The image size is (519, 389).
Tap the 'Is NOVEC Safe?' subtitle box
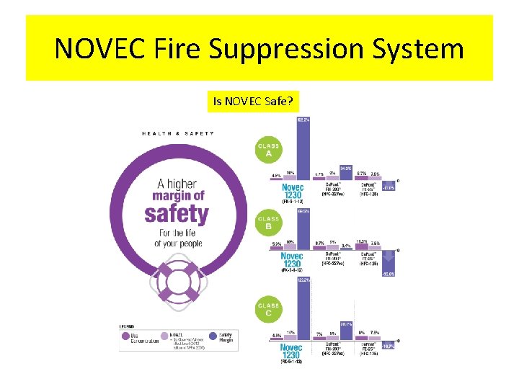252,102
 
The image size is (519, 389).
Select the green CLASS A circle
268,149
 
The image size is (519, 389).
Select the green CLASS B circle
268,222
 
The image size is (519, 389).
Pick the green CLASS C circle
268,309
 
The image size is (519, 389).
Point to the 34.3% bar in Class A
345,174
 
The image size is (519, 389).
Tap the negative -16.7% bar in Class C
389,346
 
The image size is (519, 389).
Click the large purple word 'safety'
177,214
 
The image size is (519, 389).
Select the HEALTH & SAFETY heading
177,133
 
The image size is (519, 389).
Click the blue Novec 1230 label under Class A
293,192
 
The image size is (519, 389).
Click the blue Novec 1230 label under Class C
293,352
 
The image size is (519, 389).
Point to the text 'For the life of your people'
177,238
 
